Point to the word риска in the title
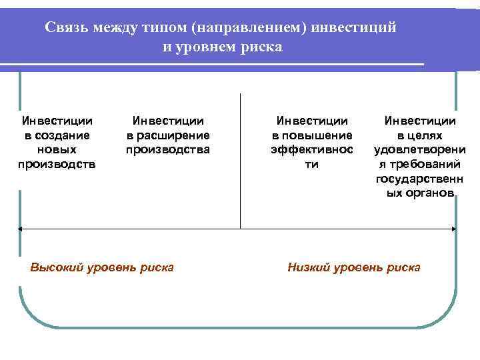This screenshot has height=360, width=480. pyautogui.click(x=264, y=47)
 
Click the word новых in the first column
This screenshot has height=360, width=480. pyautogui.click(x=57, y=150)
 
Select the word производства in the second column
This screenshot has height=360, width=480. pyautogui.click(x=168, y=150)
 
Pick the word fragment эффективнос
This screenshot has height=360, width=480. pyautogui.click(x=312, y=150)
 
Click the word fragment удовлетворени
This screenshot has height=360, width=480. pyautogui.click(x=420, y=150)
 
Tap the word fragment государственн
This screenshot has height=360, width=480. pyautogui.click(x=420, y=179)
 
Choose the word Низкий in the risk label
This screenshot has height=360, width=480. pyautogui.click(x=308, y=267)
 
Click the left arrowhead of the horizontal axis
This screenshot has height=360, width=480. pyautogui.click(x=21, y=229)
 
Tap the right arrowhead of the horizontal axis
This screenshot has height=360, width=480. pyautogui.click(x=455, y=229)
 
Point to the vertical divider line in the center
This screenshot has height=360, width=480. pyautogui.click(x=240, y=160)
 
